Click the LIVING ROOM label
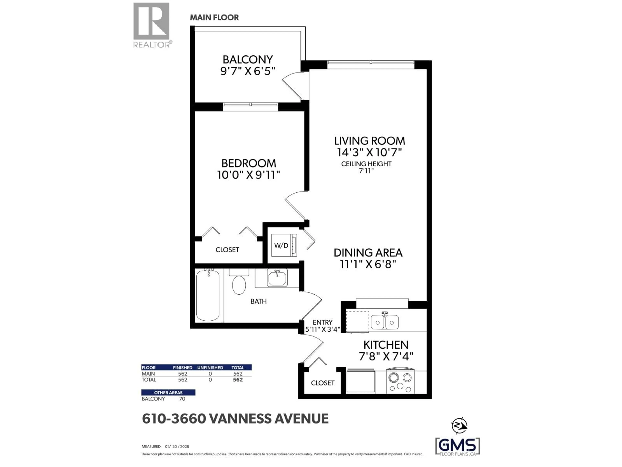coord(369,141)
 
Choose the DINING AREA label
coord(368,253)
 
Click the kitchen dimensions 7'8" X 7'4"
coord(386,357)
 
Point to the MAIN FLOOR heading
coord(214,18)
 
